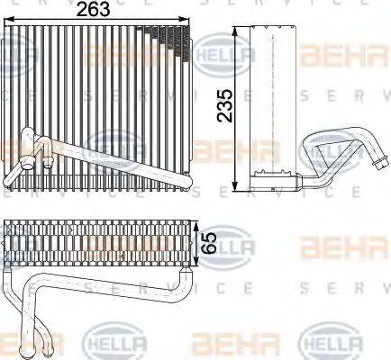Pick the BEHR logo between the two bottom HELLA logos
point(216,343)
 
